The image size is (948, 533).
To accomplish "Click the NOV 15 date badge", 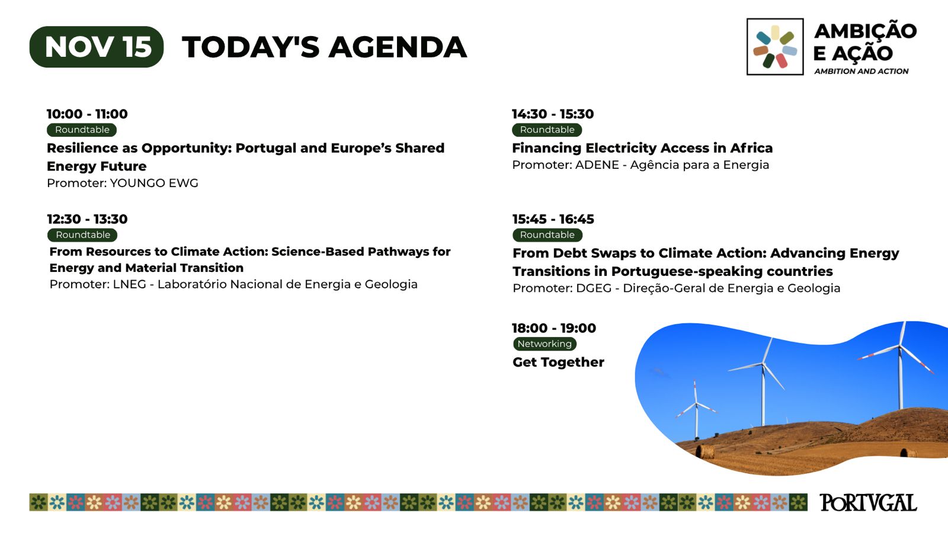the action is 97,47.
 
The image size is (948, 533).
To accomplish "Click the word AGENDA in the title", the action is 398,47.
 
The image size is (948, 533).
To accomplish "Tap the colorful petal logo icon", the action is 775,47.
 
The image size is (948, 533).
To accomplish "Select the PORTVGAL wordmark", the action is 868,503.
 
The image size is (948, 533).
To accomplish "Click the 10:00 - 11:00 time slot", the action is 87,114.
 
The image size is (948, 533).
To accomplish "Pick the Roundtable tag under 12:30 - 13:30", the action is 82,235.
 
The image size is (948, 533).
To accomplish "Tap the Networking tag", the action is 545,344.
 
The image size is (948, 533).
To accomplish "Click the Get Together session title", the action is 558,362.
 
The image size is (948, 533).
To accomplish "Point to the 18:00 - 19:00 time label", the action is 554,328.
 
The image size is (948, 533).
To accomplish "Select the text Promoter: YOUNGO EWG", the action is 122,183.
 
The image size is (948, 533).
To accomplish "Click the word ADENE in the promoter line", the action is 597,165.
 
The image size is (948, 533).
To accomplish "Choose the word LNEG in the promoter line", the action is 130,284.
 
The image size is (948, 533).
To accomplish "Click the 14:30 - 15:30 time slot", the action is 553,114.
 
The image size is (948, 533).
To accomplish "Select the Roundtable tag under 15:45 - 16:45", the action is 547,235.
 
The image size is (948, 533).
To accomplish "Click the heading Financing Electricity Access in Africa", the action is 642,148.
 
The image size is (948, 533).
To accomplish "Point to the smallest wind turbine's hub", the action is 696,403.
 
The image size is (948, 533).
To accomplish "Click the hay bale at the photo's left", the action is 705,451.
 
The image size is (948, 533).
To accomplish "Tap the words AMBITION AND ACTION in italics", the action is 861,72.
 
